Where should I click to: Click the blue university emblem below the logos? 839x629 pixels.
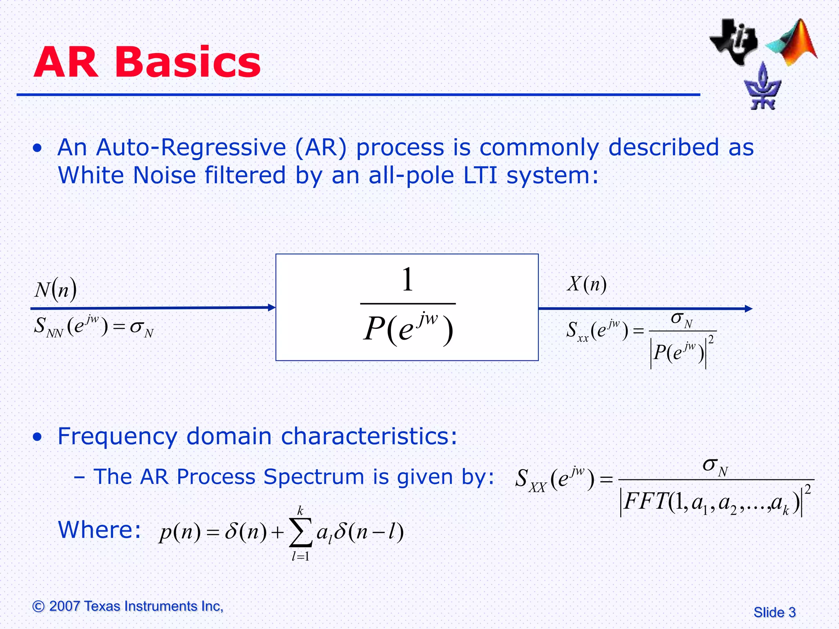click(x=762, y=88)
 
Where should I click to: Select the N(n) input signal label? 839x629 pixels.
click(x=55, y=290)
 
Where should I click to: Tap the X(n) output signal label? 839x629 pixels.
click(x=587, y=284)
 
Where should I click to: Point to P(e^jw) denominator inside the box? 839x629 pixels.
click(x=408, y=330)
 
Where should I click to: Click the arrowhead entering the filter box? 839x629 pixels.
click(x=272, y=308)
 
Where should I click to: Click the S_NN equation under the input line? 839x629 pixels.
click(x=93, y=327)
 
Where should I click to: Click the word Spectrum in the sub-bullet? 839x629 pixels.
click(x=313, y=477)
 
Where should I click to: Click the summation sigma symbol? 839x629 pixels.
click(x=301, y=532)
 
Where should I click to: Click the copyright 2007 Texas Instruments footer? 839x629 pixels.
click(x=128, y=606)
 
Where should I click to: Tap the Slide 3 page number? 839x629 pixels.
click(x=774, y=612)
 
